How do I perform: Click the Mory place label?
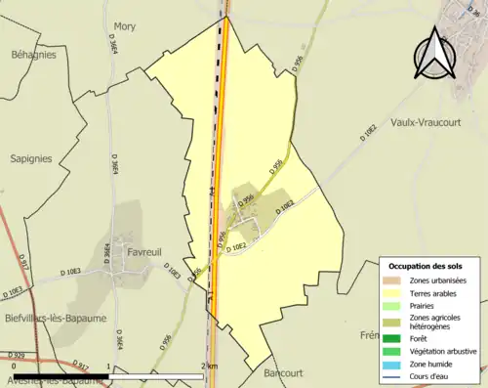point(125,26)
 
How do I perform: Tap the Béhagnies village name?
point(33,55)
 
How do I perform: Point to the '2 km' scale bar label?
point(209,366)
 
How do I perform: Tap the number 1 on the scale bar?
point(107,366)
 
